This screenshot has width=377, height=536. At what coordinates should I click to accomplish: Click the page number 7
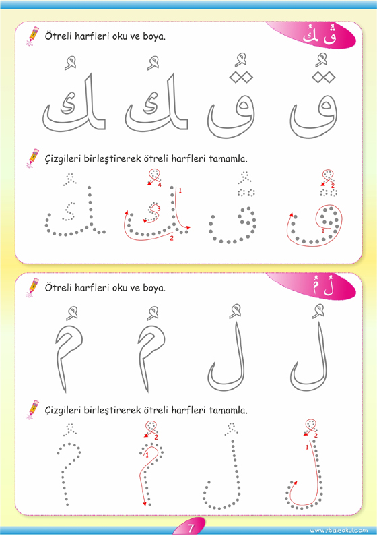(191, 527)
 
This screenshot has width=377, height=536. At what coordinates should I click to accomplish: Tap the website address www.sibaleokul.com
(339, 531)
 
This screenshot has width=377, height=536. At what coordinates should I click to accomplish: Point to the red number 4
(160, 185)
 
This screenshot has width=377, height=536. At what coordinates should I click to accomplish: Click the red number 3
(159, 208)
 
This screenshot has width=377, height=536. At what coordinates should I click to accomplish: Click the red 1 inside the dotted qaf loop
(323, 231)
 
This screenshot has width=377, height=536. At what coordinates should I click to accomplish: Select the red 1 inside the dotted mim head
(147, 455)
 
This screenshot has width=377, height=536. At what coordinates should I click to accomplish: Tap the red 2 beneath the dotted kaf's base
(172, 238)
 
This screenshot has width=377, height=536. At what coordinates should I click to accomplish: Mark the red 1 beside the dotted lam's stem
(307, 447)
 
